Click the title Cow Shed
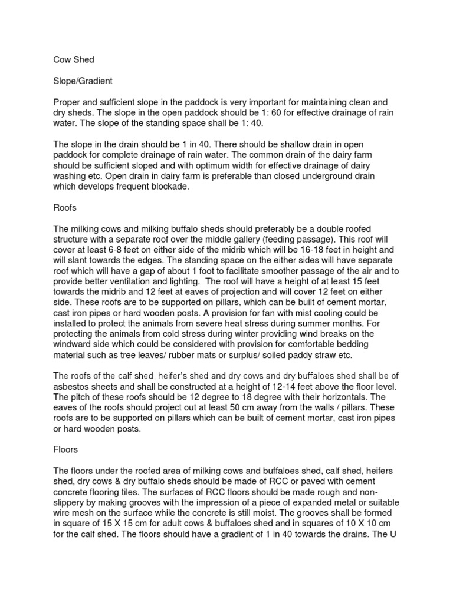(74, 59)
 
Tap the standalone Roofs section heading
(66, 207)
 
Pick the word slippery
(72, 502)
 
